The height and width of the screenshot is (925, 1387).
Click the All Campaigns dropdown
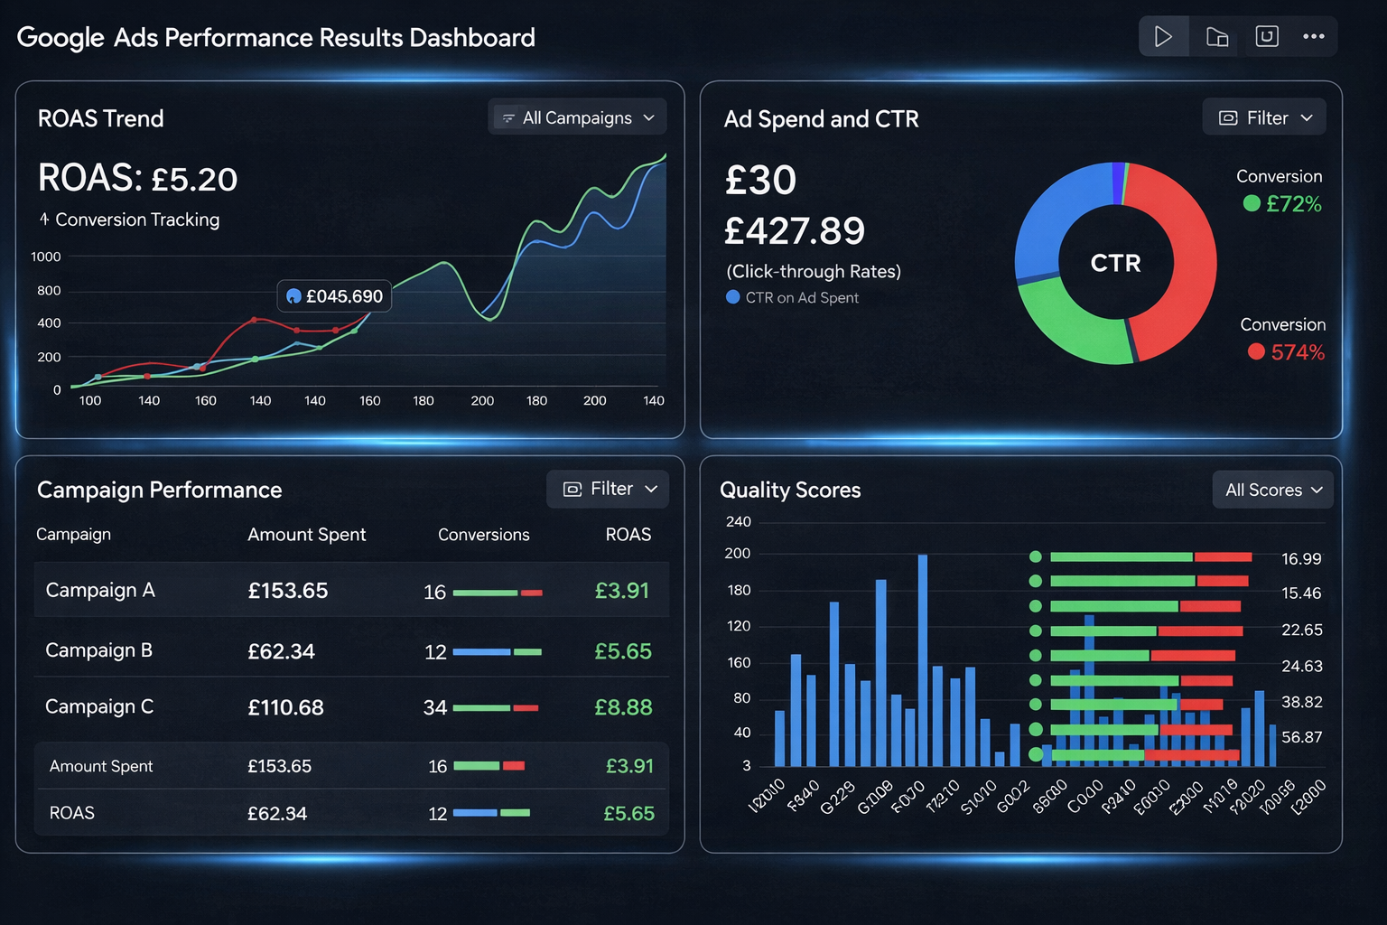[x=577, y=117]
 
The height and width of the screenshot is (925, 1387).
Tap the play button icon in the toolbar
[x=1163, y=37]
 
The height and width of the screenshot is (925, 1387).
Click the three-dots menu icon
[x=1313, y=37]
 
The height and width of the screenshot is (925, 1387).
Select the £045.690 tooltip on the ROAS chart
[x=335, y=296]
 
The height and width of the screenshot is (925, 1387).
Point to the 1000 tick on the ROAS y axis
[x=46, y=257]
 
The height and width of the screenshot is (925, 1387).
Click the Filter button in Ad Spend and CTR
[x=1264, y=117]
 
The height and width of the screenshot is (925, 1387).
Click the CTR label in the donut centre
[x=1116, y=263]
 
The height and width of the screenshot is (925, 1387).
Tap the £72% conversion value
[x=1293, y=204]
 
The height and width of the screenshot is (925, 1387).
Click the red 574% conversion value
[x=1298, y=352]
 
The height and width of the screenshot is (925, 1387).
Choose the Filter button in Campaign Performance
[x=608, y=489]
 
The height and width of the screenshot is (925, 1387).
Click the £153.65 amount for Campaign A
[x=288, y=591]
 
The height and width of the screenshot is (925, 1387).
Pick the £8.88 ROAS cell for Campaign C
[x=623, y=707]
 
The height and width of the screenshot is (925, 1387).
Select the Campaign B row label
[x=98, y=650]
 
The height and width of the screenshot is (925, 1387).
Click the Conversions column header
[x=483, y=535]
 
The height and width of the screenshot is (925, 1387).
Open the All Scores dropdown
[x=1272, y=490]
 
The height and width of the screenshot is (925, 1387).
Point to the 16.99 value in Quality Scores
[x=1301, y=559]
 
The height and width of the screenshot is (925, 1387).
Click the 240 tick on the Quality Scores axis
[x=738, y=521]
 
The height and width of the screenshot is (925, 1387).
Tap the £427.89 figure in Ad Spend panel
[x=795, y=231]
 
